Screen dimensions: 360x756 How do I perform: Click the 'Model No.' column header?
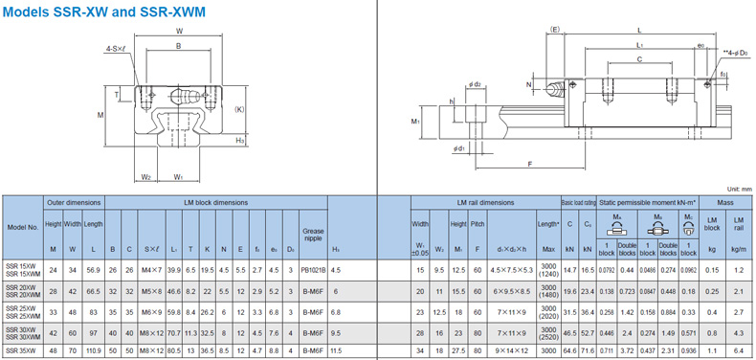[22, 228]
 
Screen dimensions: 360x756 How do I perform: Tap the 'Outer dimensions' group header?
[74, 203]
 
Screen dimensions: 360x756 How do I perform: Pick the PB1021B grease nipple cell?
[313, 271]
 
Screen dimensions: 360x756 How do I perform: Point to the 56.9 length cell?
[93, 271]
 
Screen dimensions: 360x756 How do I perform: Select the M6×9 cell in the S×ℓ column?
[151, 312]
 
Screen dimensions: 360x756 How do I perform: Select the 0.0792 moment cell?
[606, 271]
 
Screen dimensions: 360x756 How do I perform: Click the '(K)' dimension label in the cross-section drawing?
[239, 108]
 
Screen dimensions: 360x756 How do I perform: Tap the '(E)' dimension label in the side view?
[556, 31]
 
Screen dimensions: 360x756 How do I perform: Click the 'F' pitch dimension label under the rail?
[529, 165]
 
